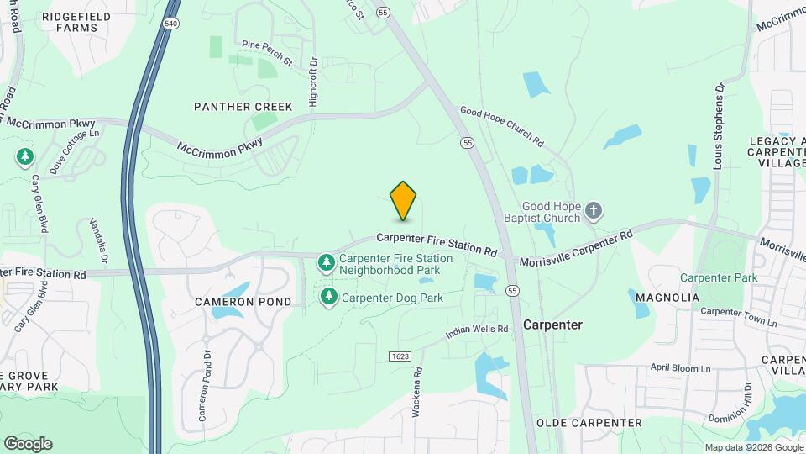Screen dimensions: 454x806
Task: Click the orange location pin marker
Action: tap(404, 200)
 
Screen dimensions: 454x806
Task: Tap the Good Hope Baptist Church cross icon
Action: tap(594, 210)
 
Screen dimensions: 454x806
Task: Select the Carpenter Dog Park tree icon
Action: tap(329, 296)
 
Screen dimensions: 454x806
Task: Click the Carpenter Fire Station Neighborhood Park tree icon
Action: tap(326, 263)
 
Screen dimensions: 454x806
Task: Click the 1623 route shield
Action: tap(400, 356)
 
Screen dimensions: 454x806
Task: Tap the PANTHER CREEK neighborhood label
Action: tap(243, 107)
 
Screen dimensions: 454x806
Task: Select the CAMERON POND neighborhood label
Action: tap(243, 301)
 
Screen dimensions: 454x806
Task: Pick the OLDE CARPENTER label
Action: tap(589, 422)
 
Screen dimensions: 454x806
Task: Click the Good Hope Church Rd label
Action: tap(502, 126)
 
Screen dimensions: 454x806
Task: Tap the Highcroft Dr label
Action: tap(313, 83)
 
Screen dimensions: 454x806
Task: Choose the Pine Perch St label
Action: tap(266, 53)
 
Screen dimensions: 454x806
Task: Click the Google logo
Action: tap(28, 443)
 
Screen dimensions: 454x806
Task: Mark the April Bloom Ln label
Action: tap(680, 368)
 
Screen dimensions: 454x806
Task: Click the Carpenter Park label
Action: tap(719, 277)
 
